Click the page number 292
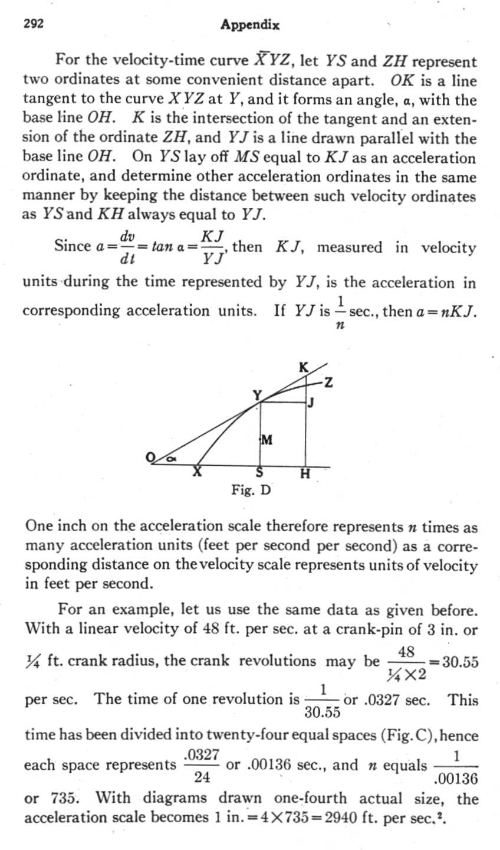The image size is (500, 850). point(32,25)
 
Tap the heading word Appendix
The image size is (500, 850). point(249,25)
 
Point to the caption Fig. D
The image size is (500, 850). point(251,489)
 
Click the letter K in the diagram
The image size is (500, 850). point(303,367)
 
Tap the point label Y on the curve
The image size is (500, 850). point(256,395)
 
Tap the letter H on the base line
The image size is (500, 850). point(305,473)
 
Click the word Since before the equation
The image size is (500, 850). point(73,246)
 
